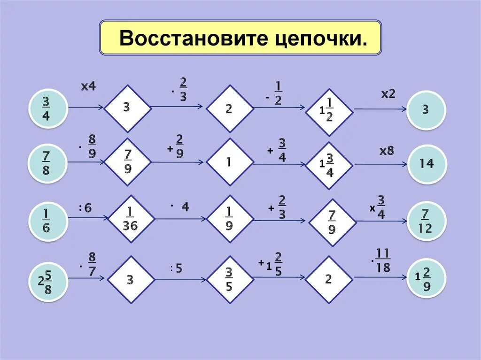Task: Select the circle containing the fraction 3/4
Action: [x=46, y=108]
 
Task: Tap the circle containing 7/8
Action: [x=46, y=163]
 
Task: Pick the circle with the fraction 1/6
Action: [x=46, y=220]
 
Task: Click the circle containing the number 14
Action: [x=426, y=164]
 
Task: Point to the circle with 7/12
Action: [x=426, y=221]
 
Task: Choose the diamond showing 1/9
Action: [x=230, y=219]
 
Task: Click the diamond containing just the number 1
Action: [x=230, y=162]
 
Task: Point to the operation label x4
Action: [x=88, y=86]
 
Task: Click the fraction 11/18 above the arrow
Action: [x=383, y=261]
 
